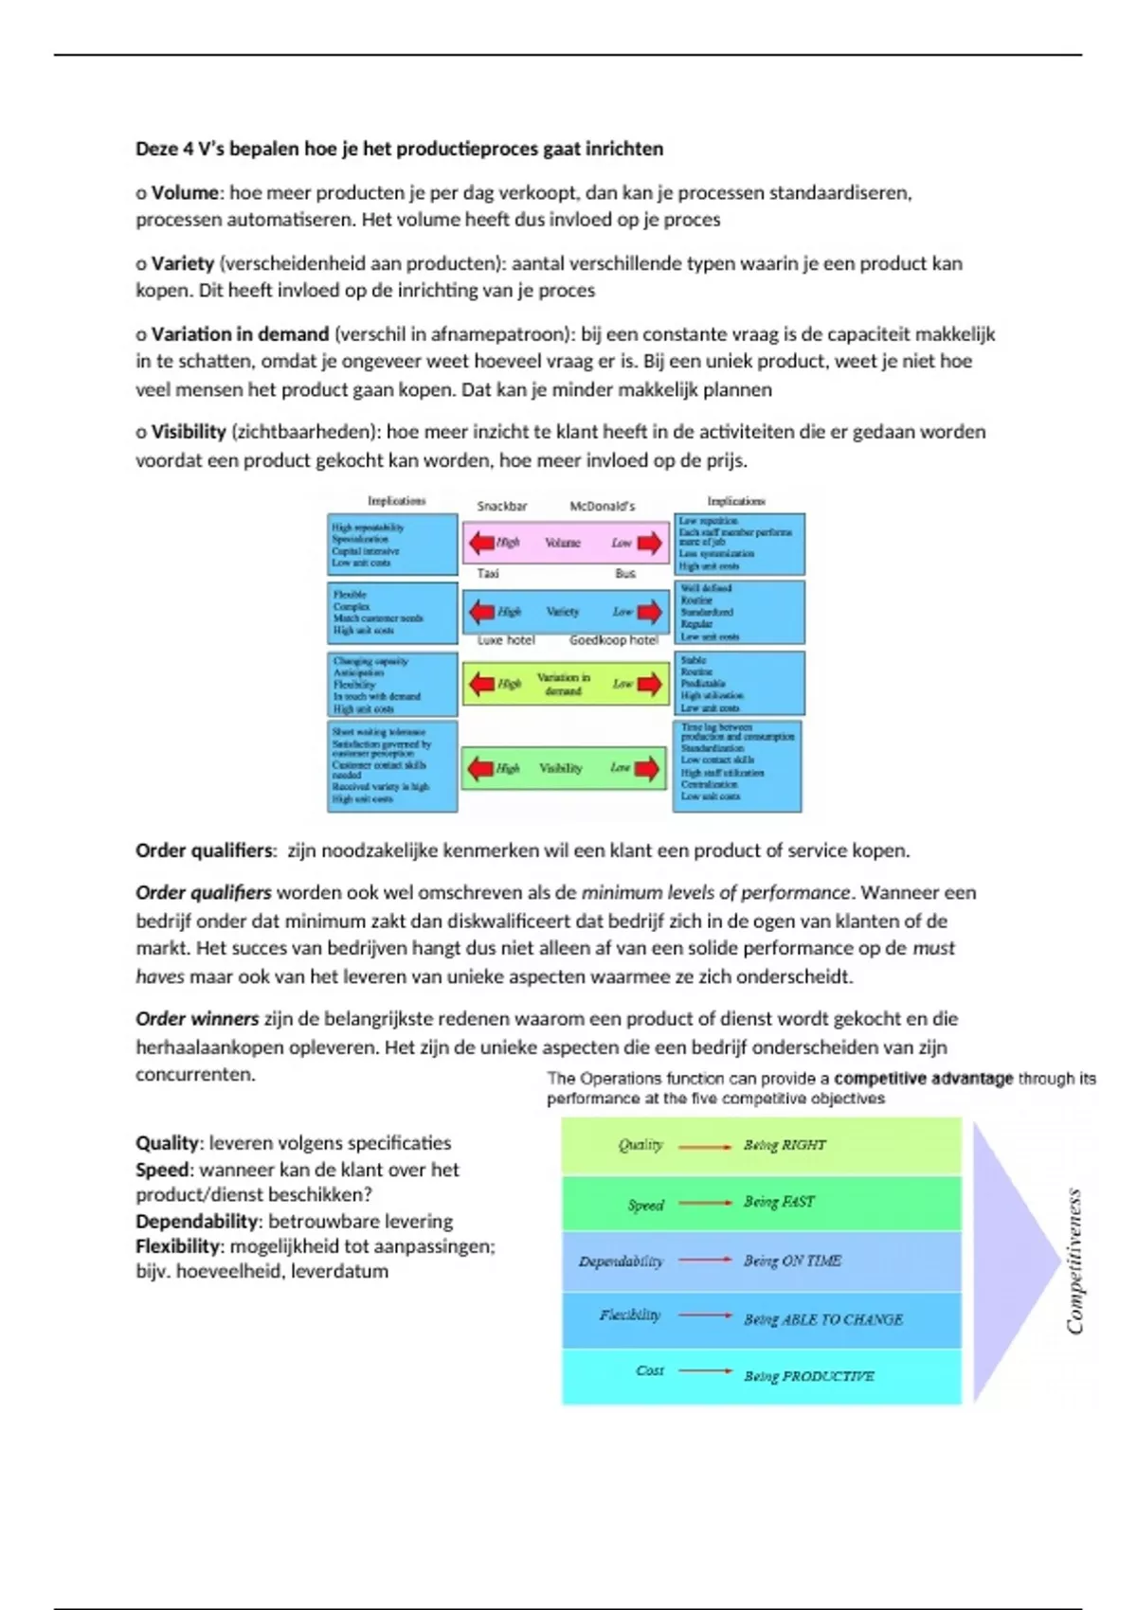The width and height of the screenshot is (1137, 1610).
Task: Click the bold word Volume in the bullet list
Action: pyautogui.click(x=185, y=193)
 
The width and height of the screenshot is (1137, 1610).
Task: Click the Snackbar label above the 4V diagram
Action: pyautogui.click(x=501, y=506)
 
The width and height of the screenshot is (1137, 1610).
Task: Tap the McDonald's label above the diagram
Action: pyautogui.click(x=602, y=506)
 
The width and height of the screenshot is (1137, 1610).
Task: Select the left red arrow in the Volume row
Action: pyautogui.click(x=480, y=543)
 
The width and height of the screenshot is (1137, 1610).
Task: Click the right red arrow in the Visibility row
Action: pyautogui.click(x=647, y=768)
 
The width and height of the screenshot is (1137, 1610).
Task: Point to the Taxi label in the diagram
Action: pyautogui.click(x=488, y=573)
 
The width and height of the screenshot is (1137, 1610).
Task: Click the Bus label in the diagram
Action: pyautogui.click(x=625, y=573)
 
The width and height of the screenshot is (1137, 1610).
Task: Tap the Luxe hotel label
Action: pyautogui.click(x=506, y=640)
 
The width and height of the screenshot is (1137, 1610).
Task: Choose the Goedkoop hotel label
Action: pyautogui.click(x=613, y=640)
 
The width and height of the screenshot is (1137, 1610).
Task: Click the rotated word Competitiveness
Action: pyautogui.click(x=1074, y=1261)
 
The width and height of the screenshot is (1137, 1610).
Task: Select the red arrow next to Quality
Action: pyautogui.click(x=706, y=1146)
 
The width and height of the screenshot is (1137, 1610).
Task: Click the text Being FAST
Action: pyautogui.click(x=779, y=1202)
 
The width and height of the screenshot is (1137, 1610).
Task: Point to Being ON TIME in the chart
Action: pyautogui.click(x=792, y=1261)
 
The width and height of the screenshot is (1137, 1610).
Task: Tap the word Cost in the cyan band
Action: pyautogui.click(x=650, y=1370)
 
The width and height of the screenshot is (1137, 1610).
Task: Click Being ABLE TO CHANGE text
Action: pyautogui.click(x=822, y=1319)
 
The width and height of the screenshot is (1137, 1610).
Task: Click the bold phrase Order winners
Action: pyautogui.click(x=197, y=1019)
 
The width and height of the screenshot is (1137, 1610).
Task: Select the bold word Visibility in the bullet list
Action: pyautogui.click(x=189, y=432)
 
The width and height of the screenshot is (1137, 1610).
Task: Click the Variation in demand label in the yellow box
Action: pyautogui.click(x=563, y=684)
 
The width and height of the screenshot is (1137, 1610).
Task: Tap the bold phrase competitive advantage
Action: pyautogui.click(x=923, y=1078)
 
